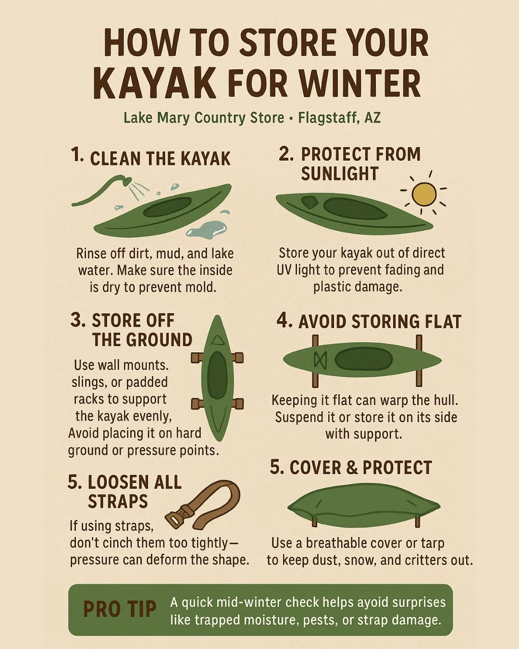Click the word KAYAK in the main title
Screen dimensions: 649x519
tap(155, 84)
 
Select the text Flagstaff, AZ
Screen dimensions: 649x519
tap(339, 118)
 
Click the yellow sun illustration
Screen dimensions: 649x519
tap(424, 194)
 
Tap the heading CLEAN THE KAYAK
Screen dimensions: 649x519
tap(160, 159)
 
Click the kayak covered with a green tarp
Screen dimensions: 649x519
tap(363, 506)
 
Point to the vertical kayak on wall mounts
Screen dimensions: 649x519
tap(218, 378)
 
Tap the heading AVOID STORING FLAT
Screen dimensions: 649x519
tap(380, 322)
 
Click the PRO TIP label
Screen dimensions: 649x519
tap(120, 610)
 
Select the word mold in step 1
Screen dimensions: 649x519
tap(201, 287)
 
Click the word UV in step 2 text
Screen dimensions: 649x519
tap(284, 270)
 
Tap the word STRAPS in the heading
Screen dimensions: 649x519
tap(118, 501)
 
